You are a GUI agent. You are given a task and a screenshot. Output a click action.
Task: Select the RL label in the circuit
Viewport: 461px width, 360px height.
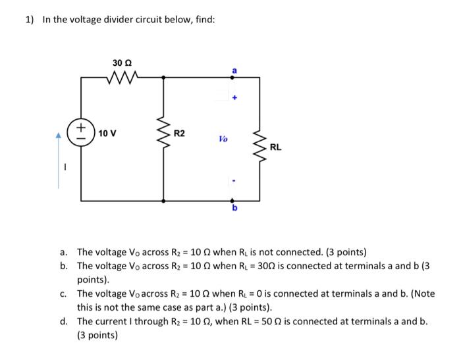click(x=275, y=147)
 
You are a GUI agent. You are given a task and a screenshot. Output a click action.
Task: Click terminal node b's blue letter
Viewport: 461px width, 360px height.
click(x=234, y=209)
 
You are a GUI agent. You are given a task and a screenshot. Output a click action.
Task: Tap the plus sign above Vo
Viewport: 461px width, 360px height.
click(x=233, y=99)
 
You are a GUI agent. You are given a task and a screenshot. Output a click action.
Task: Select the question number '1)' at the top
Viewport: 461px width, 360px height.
click(x=30, y=19)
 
